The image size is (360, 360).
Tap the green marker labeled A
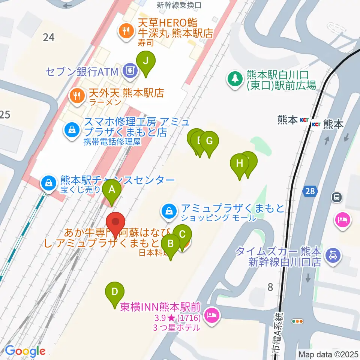(111, 190)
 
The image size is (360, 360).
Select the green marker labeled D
(115, 292)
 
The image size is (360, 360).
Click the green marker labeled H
(240, 163)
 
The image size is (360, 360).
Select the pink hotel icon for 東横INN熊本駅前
(212, 315)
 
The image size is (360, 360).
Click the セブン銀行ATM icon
(130, 70)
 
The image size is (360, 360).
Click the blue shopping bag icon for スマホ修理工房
(71, 130)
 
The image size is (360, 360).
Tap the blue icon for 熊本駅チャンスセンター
(49, 183)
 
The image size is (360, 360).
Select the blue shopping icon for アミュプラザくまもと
(170, 211)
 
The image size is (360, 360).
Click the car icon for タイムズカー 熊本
(332, 256)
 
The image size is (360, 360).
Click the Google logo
(25, 351)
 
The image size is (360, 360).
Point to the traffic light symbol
(298, 321)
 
